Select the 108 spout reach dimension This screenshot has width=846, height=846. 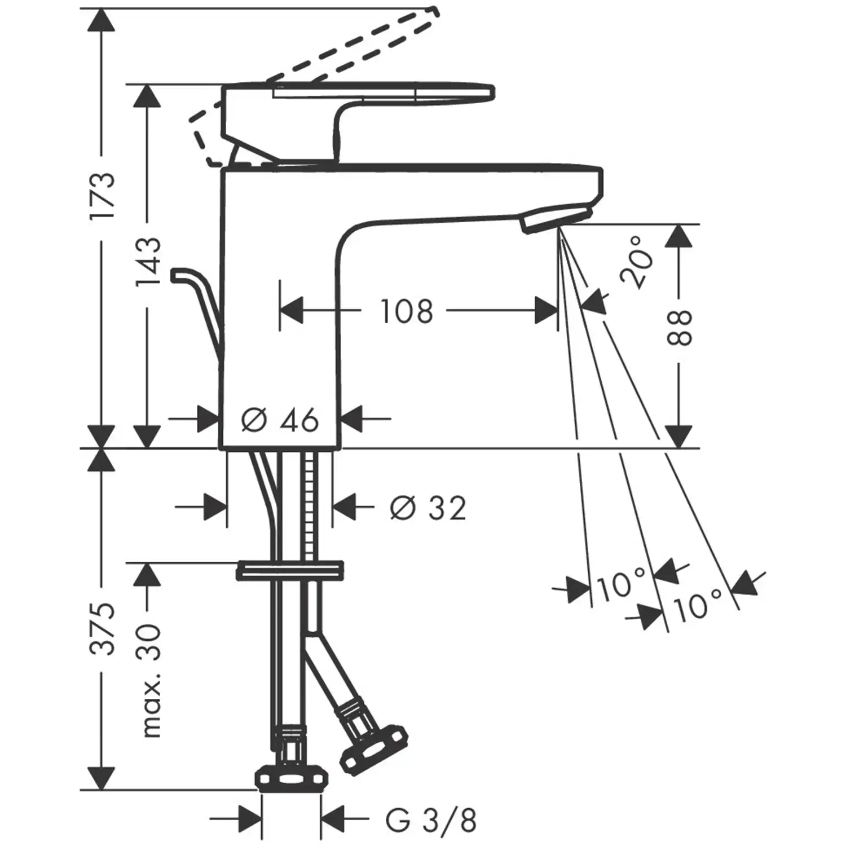pos(407,311)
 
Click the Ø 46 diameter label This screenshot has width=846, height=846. pos(280,420)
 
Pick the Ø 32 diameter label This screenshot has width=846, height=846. pos(429,508)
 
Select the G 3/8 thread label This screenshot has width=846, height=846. pos(431,821)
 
